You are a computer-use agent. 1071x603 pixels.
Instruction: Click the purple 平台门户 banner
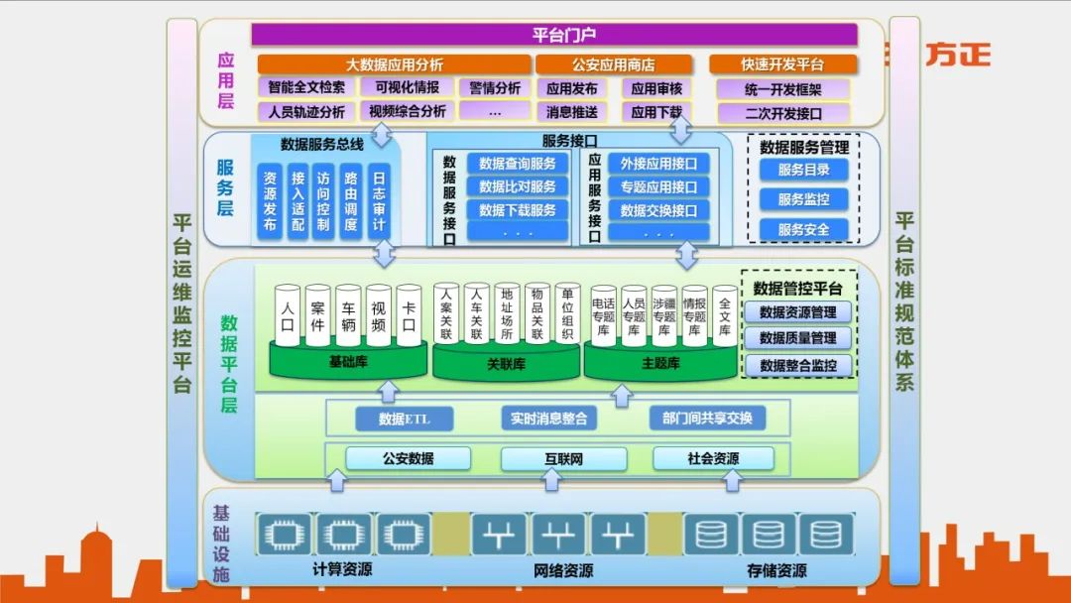click(x=553, y=35)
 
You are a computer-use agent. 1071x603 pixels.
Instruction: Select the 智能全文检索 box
click(x=306, y=87)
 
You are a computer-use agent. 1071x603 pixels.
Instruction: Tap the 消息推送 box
click(x=571, y=112)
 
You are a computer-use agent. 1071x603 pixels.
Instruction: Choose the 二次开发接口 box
click(x=783, y=112)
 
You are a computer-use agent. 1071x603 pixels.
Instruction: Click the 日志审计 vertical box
click(x=378, y=202)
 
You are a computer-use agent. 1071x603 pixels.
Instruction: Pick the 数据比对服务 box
click(x=517, y=186)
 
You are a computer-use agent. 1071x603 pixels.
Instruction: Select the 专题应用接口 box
click(x=658, y=186)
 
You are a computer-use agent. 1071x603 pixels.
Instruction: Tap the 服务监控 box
click(x=803, y=199)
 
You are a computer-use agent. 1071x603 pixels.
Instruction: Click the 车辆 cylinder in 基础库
click(x=348, y=315)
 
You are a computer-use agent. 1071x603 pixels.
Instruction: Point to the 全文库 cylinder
click(x=725, y=315)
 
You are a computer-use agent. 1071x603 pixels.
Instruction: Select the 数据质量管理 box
click(x=797, y=338)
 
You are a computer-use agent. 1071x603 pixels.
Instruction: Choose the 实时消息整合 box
click(x=548, y=419)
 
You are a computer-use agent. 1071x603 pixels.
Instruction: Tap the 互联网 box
click(x=563, y=458)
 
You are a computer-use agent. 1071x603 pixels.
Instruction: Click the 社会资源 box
click(x=712, y=458)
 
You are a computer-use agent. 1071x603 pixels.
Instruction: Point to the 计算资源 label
click(x=342, y=570)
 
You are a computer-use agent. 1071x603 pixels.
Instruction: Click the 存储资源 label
click(x=776, y=570)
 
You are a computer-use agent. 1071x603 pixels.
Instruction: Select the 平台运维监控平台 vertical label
click(x=181, y=302)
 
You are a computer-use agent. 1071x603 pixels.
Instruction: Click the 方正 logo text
click(x=958, y=55)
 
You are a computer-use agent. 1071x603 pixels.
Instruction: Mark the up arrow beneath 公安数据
click(x=337, y=480)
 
